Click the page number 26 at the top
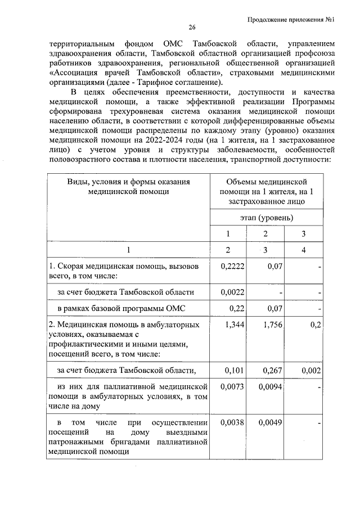pyautogui.click(x=191, y=28)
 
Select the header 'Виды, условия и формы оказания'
pyautogui.click(x=128, y=182)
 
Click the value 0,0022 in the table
pyautogui.click(x=233, y=292)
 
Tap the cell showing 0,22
pyautogui.click(x=237, y=308)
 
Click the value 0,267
pyautogui.click(x=272, y=370)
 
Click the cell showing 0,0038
pyautogui.click(x=233, y=422)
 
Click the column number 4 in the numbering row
pyautogui.click(x=303, y=250)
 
